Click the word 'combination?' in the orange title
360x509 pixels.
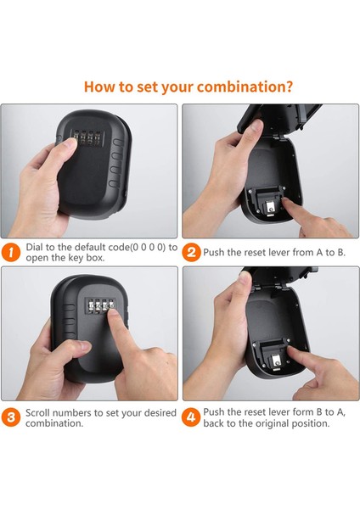point(245,87)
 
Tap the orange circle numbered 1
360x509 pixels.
point(11,253)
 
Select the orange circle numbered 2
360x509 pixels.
point(191,253)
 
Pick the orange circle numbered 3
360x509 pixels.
point(11,417)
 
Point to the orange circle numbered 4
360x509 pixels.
point(191,417)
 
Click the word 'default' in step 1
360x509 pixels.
point(90,248)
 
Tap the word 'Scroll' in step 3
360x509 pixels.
point(37,413)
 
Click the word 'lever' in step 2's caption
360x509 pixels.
point(280,252)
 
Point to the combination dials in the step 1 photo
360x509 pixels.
point(85,137)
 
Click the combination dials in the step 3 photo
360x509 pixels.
point(99,306)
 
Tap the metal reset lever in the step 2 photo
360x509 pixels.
point(270,208)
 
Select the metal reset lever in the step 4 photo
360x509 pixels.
point(276,360)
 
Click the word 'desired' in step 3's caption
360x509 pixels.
point(160,413)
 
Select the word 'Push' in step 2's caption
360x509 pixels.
point(214,252)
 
